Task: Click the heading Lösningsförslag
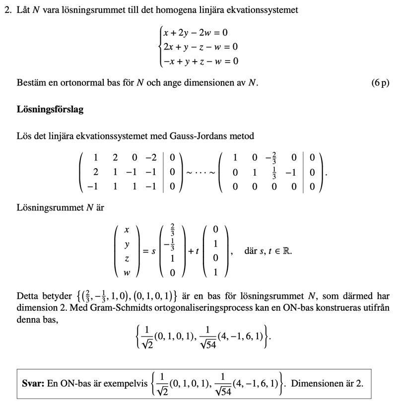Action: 50,109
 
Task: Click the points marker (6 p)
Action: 380,82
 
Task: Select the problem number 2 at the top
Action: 7,10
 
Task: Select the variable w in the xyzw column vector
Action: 127,272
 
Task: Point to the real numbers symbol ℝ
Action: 287,251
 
